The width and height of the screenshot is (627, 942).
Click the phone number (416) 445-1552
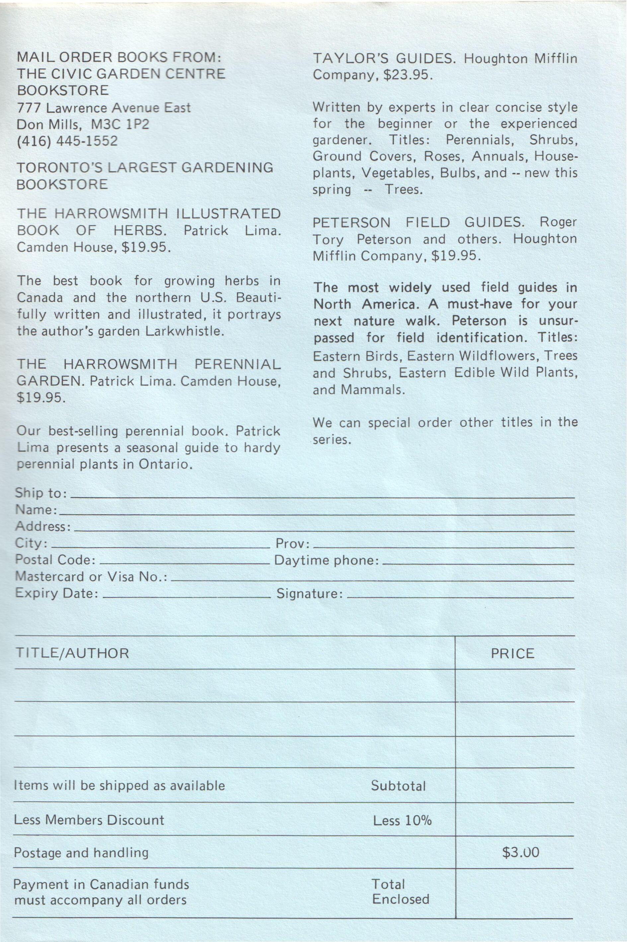[x=67, y=141]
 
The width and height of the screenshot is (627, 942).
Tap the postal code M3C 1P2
[x=120, y=124]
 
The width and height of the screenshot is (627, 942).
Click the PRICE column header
[x=512, y=653]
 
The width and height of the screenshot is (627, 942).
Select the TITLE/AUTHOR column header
[x=72, y=653]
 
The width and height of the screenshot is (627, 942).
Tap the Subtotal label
[x=398, y=786]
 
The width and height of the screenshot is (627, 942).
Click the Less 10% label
[x=402, y=821]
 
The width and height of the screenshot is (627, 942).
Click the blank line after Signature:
[x=460, y=596]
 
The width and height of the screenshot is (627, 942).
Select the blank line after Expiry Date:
[x=186, y=596]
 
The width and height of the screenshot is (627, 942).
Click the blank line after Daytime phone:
[x=478, y=563]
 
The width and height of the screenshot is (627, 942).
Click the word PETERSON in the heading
[x=347, y=222]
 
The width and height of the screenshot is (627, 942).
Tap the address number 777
[x=29, y=108]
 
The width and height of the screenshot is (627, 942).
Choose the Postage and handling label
[x=81, y=852]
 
